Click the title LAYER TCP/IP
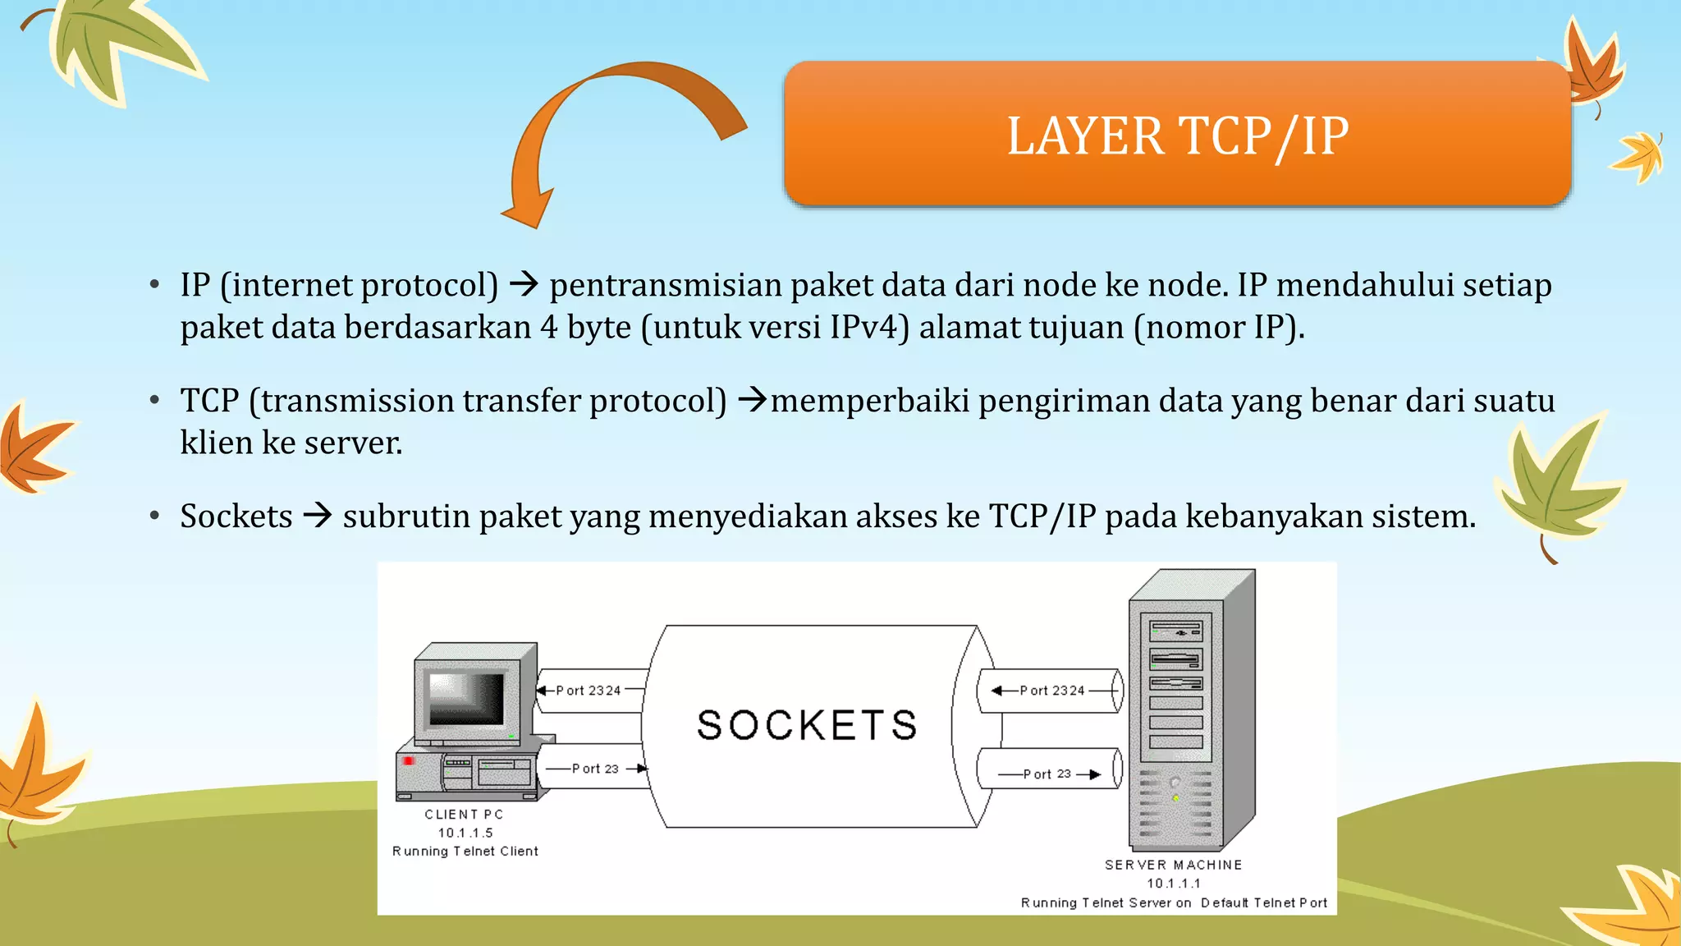coord(1177,135)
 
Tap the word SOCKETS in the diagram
coord(807,725)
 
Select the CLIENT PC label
coord(464,815)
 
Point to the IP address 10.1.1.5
coord(465,833)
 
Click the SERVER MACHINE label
coord(1173,865)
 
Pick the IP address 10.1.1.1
coord(1173,884)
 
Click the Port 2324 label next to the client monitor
coord(588,691)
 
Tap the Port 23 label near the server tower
coord(1047,774)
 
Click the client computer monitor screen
coord(466,698)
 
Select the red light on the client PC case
coord(409,761)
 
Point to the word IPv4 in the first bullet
coord(869,328)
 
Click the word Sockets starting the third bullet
coord(236,517)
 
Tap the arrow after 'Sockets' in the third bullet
coord(318,516)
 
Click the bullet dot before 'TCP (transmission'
coord(154,401)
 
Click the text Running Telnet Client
coord(465,852)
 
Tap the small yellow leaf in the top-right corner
coord(1638,155)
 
